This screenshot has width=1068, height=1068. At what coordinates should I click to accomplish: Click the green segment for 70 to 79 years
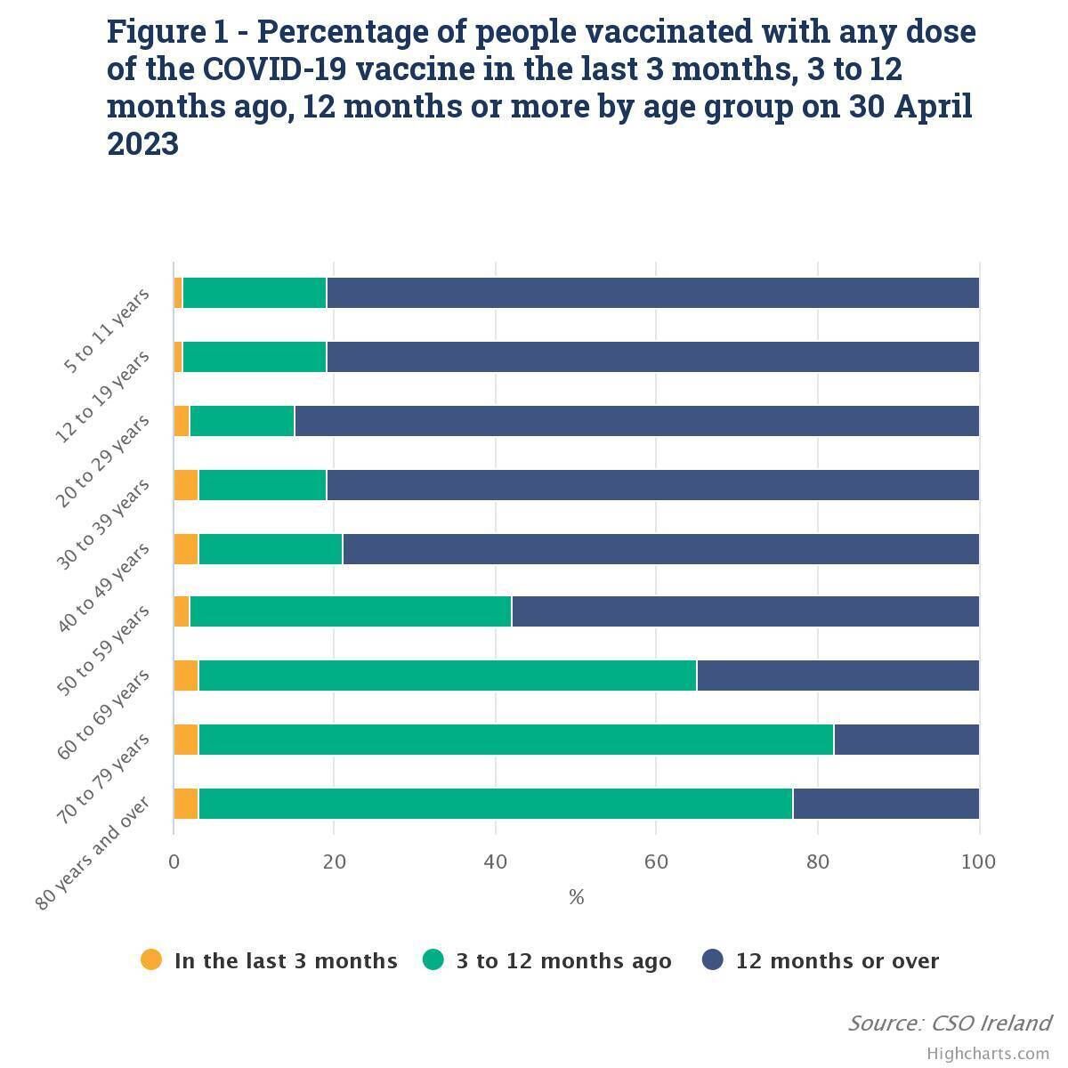(x=516, y=740)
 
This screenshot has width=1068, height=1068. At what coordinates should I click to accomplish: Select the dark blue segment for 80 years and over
(x=886, y=804)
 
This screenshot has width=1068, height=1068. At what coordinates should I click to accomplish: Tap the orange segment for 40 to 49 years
(x=186, y=549)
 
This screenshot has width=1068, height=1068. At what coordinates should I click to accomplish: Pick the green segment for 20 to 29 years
(x=242, y=421)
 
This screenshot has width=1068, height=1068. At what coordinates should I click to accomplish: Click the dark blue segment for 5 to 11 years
(x=652, y=293)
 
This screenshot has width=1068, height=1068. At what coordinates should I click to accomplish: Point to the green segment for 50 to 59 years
(x=351, y=611)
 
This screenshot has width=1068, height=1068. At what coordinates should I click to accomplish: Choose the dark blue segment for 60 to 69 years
(x=837, y=676)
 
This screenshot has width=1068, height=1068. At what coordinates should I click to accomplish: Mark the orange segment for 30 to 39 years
(x=186, y=485)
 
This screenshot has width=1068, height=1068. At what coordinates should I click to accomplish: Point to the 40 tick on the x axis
(x=496, y=862)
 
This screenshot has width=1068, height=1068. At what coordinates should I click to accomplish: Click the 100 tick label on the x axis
(x=979, y=862)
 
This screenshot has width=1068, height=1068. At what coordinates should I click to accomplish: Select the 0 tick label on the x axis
(x=174, y=862)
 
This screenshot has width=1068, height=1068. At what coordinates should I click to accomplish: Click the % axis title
(x=576, y=897)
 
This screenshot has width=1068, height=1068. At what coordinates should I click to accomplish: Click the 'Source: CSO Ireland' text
(x=949, y=1023)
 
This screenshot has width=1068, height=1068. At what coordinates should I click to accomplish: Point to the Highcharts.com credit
(x=988, y=1054)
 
